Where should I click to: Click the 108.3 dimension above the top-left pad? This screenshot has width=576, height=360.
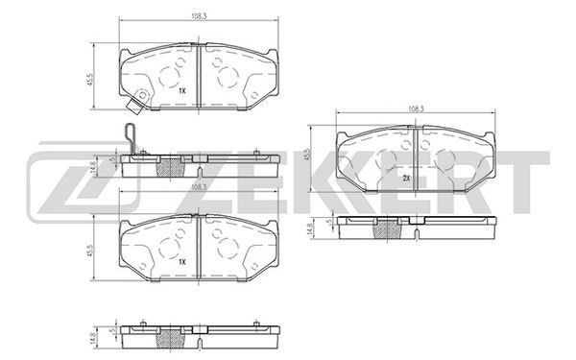point(199,16)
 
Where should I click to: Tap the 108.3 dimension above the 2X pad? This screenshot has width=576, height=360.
point(417,108)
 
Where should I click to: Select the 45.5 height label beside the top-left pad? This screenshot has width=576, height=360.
point(91,79)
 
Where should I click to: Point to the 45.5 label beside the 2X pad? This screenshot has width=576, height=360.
point(308,154)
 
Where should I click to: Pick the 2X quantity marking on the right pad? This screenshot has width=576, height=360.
point(406,179)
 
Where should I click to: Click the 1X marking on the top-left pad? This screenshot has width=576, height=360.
point(182,90)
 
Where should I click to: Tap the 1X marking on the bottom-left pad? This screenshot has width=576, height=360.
point(182,262)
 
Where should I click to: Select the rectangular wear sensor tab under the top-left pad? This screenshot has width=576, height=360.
point(134,107)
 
